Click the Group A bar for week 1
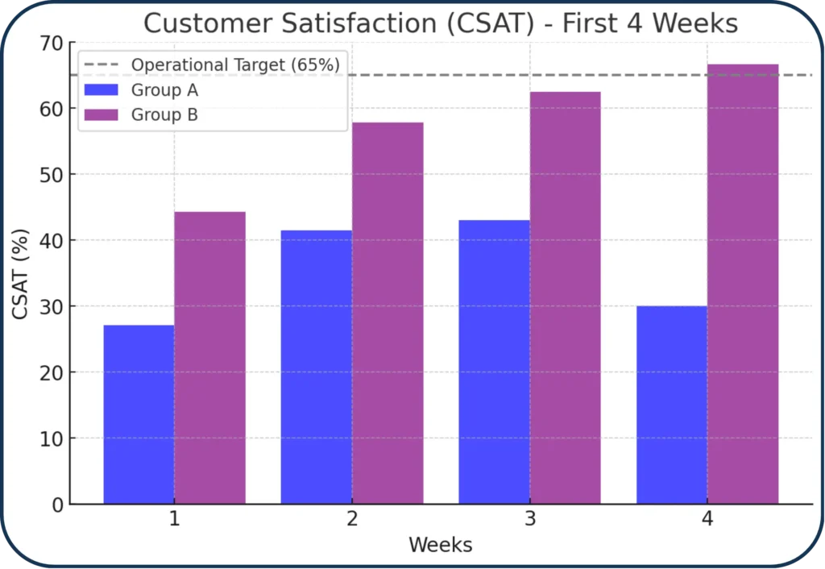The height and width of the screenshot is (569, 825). coord(139,414)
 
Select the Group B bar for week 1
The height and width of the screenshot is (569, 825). coord(209,358)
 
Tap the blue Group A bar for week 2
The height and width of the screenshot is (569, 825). coord(316,367)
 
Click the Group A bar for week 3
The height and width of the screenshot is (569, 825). coord(494,362)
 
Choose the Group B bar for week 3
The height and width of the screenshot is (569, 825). coord(565,297)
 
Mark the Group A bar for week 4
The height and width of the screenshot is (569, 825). coord(671,405)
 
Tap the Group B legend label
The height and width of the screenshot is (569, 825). coord(164,114)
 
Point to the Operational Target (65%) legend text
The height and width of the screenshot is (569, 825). coord(234,64)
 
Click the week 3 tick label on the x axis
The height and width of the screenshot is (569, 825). coord(529,520)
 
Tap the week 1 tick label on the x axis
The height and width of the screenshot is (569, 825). coord(174,520)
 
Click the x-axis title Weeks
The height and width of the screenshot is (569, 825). coord(440,545)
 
